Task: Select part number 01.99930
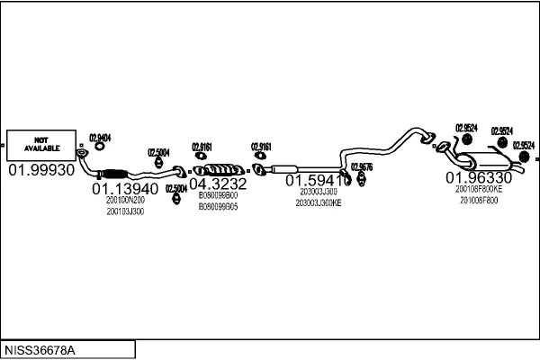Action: pyautogui.click(x=41, y=170)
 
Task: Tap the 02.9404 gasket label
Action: pyautogui.click(x=99, y=137)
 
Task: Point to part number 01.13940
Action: pyautogui.click(x=125, y=189)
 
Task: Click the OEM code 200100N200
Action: pyautogui.click(x=125, y=200)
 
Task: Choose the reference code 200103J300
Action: pyautogui.click(x=125, y=211)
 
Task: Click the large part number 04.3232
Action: pyautogui.click(x=218, y=184)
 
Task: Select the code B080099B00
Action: pyautogui.click(x=218, y=195)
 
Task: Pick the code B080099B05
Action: pyautogui.click(x=218, y=206)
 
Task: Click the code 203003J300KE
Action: pyautogui.click(x=319, y=203)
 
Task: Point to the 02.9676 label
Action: pyautogui.click(x=362, y=166)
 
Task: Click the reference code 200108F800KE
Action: pyautogui.click(x=479, y=190)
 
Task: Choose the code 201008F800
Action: pyautogui.click(x=479, y=201)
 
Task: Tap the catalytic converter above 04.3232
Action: pyautogui.click(x=220, y=168)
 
